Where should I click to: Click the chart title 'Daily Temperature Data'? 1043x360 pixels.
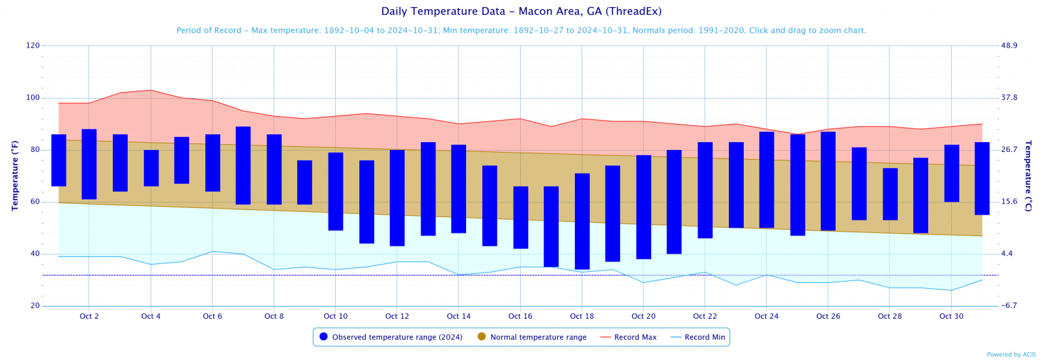coord(521,11)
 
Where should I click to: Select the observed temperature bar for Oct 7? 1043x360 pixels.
coord(243,166)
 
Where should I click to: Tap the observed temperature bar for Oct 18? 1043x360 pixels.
coord(582,221)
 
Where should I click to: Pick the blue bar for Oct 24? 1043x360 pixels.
coord(767,180)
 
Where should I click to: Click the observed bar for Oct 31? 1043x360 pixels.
coord(982,178)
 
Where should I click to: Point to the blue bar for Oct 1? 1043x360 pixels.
coord(59,160)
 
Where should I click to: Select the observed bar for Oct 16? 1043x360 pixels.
coord(520,217)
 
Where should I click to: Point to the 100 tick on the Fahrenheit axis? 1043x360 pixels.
coord(33,98)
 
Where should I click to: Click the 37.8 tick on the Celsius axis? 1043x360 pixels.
coord(1009,98)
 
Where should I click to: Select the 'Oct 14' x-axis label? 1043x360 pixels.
coord(458,316)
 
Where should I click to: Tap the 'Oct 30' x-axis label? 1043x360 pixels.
coord(951,316)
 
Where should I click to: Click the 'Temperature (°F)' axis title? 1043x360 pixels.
coord(15,175)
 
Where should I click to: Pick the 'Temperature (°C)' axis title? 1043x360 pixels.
coord(1028,175)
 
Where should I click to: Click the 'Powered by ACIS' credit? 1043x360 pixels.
coord(1011,355)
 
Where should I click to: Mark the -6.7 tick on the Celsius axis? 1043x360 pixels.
coord(1009,306)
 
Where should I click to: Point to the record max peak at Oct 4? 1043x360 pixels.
coord(151,90)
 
